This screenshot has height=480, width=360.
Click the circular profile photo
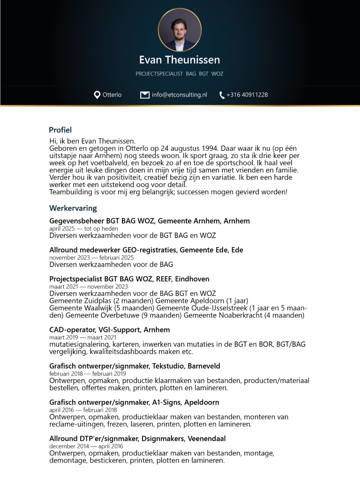180,30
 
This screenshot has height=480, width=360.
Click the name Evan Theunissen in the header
180,60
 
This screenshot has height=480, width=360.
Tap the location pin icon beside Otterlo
97,95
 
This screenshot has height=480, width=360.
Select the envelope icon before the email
145,95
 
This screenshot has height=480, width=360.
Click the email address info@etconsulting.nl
179,95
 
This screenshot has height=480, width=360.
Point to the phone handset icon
222,95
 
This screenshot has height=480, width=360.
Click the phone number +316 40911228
247,95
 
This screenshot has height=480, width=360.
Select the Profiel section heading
60,130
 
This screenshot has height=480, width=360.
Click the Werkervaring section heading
73,208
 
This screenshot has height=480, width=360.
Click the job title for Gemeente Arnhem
150,221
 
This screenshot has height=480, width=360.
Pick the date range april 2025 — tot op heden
83,228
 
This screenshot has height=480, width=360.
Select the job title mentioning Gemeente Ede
146,250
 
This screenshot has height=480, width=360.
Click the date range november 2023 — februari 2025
91,257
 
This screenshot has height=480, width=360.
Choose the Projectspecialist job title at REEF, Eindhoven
129,279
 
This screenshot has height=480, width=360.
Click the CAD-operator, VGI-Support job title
110,330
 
